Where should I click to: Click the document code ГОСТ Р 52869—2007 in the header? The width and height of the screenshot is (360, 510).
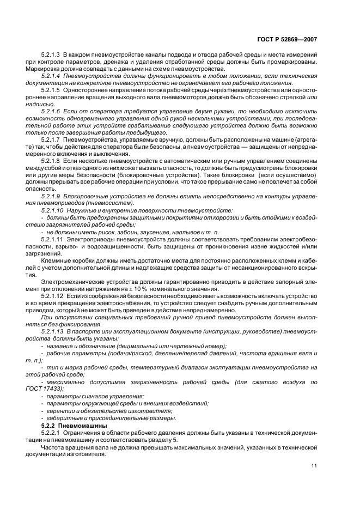click(x=287, y=40)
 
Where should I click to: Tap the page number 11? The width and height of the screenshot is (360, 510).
click(x=314, y=465)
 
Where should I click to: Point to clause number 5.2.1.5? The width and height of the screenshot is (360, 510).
click(x=51, y=90)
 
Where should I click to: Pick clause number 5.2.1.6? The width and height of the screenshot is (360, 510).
click(x=51, y=111)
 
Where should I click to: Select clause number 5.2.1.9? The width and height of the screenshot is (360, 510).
click(x=51, y=195)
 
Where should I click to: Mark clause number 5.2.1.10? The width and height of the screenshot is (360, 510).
click(x=52, y=209)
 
